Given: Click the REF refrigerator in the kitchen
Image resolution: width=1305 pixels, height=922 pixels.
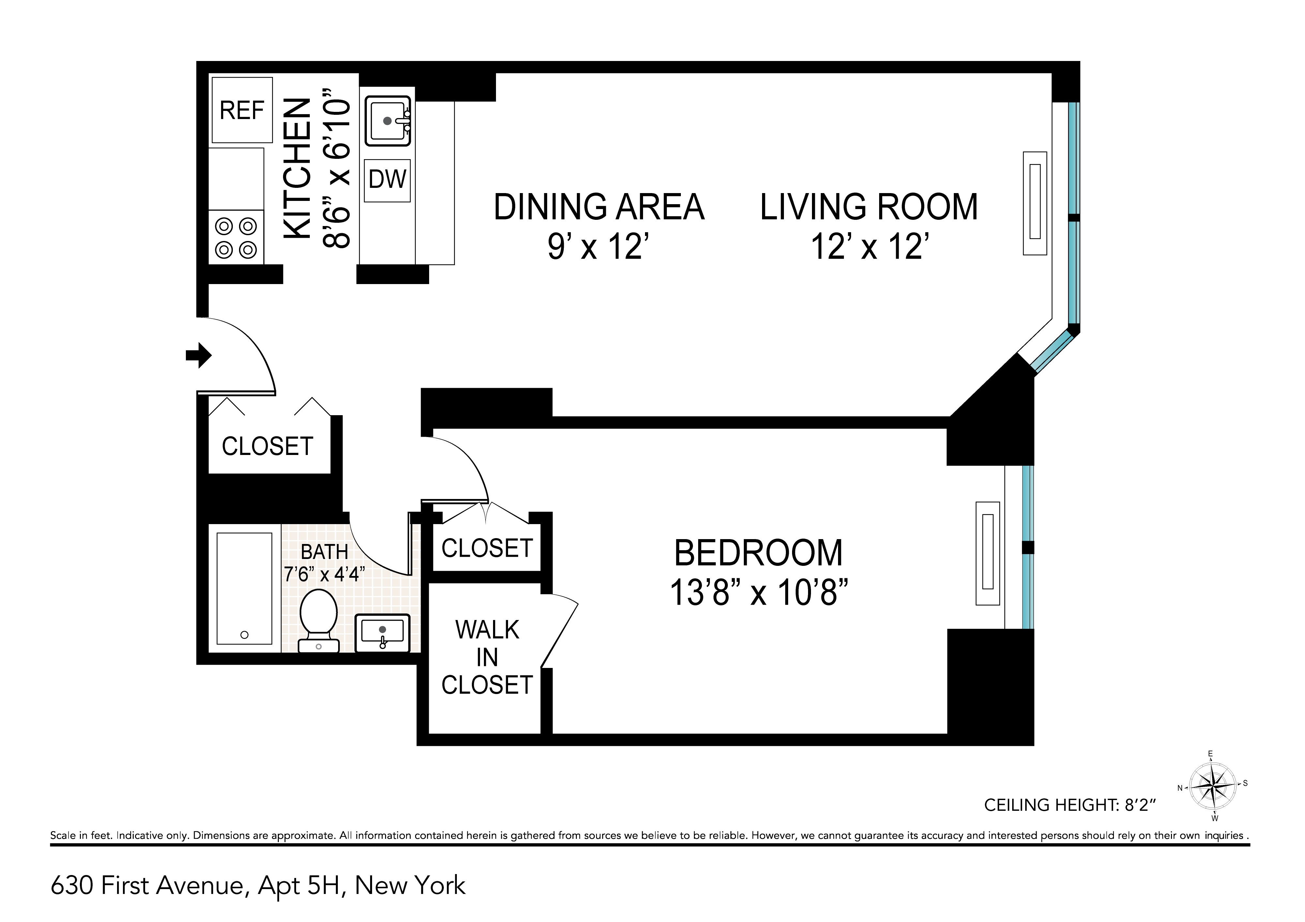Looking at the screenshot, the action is click(242, 110).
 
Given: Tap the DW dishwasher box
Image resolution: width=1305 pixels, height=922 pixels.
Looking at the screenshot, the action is click(387, 180).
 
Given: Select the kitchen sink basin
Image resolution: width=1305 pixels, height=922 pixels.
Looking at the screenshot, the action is click(388, 121).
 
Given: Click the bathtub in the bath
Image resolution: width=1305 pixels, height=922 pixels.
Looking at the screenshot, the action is click(245, 588).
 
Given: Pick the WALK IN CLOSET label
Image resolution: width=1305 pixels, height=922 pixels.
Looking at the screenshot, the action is click(487, 658).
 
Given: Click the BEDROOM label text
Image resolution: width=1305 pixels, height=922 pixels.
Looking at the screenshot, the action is click(758, 553).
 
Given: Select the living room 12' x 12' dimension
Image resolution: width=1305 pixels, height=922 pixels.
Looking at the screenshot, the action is click(870, 247).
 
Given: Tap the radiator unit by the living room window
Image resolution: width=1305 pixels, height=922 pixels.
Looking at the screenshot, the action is click(1035, 203).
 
